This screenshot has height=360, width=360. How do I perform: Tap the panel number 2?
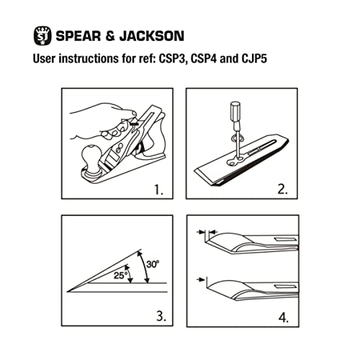(x=283, y=192)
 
